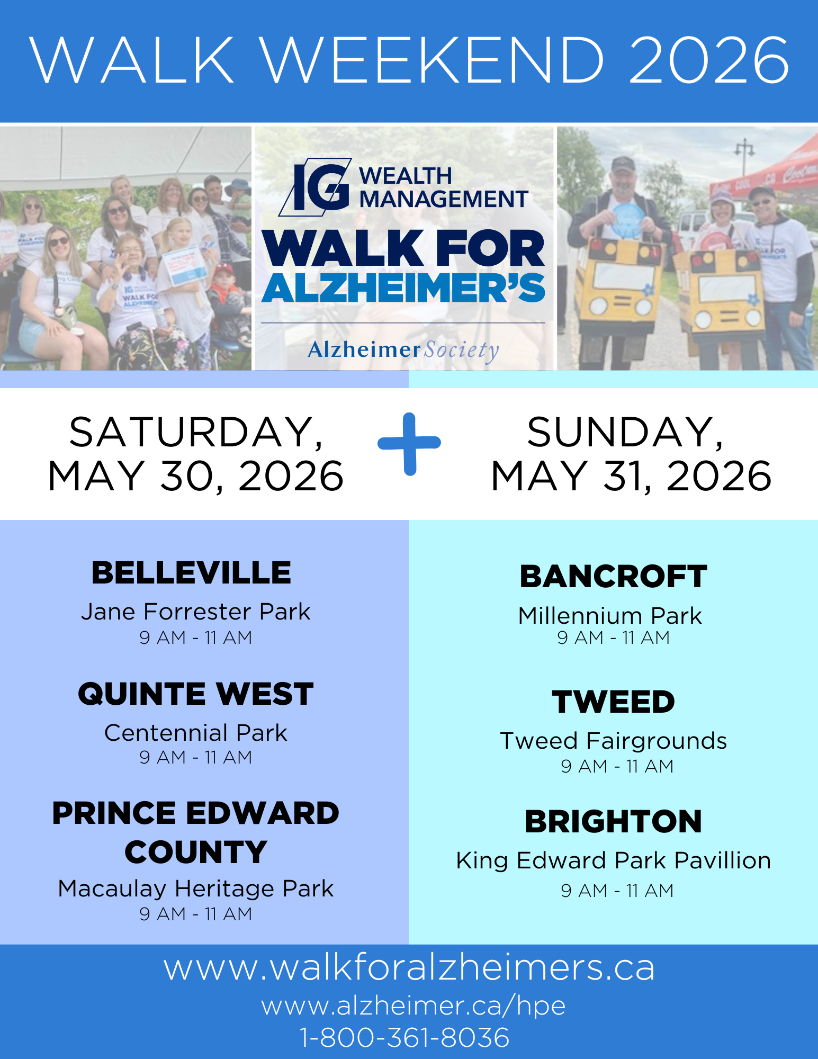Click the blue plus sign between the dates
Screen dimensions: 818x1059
point(409,444)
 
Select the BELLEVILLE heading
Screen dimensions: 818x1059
point(192,573)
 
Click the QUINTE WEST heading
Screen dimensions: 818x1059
point(196,694)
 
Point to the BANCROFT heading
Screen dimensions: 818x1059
point(614,577)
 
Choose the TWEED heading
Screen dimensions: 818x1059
point(614,702)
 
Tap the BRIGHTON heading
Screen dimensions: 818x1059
point(614,822)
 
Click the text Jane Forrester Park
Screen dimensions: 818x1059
point(195,612)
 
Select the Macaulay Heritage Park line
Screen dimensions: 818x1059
point(196,889)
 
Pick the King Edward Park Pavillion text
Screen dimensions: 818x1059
point(614,861)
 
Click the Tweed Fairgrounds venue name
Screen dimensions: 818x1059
point(614,741)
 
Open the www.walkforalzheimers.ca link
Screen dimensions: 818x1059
point(409,968)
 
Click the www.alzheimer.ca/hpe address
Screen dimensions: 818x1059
point(414,1006)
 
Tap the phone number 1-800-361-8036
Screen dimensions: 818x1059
point(405,1037)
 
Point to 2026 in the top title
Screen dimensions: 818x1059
point(709,60)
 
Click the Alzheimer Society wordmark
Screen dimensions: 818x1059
point(403,350)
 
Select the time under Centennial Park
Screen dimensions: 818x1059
point(196,758)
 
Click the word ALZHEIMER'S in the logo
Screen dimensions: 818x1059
point(403,288)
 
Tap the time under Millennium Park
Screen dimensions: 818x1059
point(614,638)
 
